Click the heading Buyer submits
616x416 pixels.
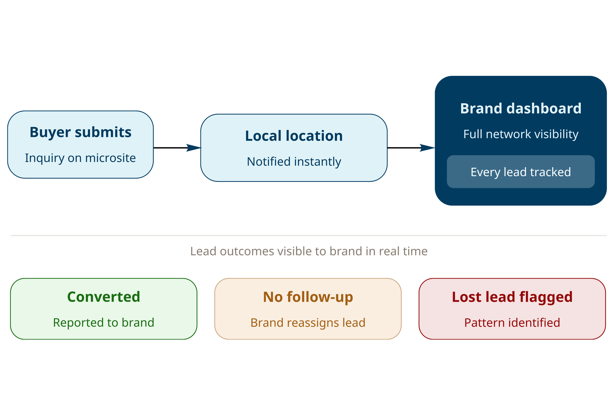(x=80, y=132)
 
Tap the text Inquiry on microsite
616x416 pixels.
(x=80, y=158)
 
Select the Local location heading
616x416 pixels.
(x=294, y=136)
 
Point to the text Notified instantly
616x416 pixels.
(x=294, y=161)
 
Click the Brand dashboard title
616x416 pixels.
(x=521, y=108)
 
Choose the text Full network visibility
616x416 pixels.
(x=521, y=134)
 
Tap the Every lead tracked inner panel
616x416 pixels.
(x=521, y=172)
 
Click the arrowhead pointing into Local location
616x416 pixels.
(x=194, y=148)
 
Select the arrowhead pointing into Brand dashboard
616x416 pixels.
(x=428, y=148)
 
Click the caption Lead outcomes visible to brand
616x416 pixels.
(x=309, y=251)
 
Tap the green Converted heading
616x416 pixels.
(x=103, y=297)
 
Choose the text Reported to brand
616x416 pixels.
(x=103, y=323)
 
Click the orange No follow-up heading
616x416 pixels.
(x=308, y=297)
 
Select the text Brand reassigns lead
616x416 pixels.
(x=308, y=323)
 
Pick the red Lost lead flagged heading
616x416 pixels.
(x=512, y=297)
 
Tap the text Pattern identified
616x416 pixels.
(x=512, y=323)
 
